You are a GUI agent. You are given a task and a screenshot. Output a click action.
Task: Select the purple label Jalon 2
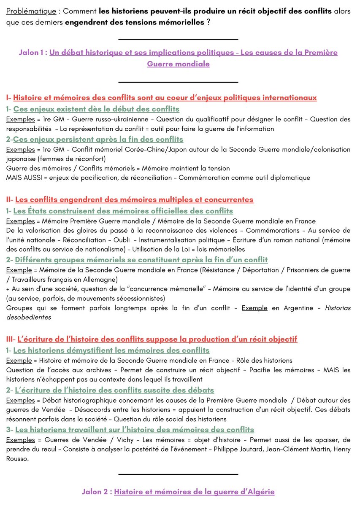pyautogui.click(x=97, y=492)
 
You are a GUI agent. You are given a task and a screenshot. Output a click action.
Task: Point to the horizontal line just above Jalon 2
pyautogui.click(x=179, y=475)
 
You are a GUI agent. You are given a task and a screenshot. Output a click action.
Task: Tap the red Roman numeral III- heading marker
pyautogui.click(x=11, y=339)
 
